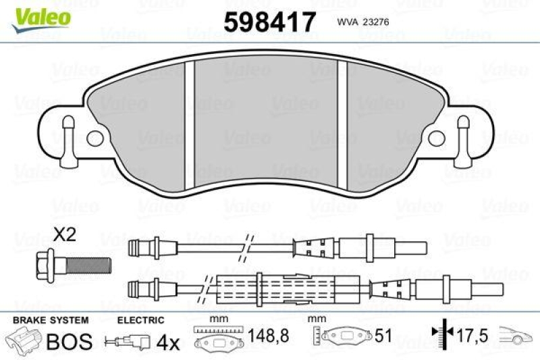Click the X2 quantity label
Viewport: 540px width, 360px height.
pyautogui.click(x=64, y=236)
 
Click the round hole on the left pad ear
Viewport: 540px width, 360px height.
pyautogui.click(x=94, y=138)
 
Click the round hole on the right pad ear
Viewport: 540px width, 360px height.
pyautogui.click(x=445, y=138)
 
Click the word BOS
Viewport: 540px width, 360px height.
pyautogui.click(x=68, y=341)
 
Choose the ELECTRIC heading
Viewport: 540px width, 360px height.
pyautogui.click(x=141, y=320)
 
